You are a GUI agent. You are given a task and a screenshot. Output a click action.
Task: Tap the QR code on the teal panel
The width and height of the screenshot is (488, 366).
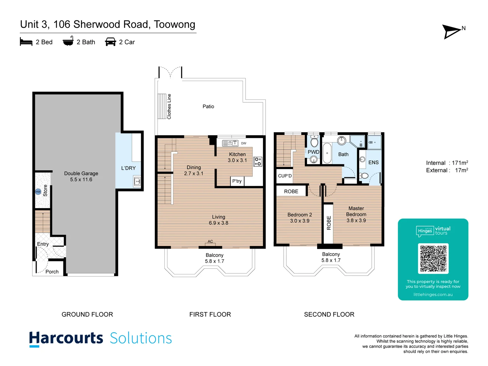coord(433,259)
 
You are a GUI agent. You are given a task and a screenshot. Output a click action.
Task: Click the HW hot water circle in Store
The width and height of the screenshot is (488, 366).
coord(38,192)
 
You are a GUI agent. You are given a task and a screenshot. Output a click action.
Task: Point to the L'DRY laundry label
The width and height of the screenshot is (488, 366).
coord(128,168)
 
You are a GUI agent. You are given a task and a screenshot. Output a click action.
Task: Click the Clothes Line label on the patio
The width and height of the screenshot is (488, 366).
coord(169,106)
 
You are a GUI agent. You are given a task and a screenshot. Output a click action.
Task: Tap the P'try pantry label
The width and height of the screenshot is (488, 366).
coord(237,181)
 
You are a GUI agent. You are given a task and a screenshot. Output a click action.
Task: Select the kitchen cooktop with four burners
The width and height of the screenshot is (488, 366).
coord(258,162)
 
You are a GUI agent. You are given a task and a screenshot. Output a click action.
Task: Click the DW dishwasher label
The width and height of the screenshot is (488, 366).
coord(244,143)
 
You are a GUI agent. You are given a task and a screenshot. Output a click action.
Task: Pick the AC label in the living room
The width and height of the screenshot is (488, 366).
coord(210,242)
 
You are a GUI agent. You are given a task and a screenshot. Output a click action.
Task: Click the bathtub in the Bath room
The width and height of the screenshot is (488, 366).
coord(327,153)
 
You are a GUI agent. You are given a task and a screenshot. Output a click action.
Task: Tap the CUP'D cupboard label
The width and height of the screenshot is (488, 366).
coord(285,176)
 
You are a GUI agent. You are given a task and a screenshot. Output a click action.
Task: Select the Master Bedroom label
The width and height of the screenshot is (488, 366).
coord(356,211)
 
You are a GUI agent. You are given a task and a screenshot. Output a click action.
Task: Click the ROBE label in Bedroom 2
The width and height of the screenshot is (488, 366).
coord(291,191)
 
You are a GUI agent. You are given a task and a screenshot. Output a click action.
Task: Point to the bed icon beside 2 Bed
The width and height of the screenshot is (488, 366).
coord(26,42)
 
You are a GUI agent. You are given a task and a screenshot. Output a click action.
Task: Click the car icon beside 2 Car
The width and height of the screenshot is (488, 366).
coord(110,42)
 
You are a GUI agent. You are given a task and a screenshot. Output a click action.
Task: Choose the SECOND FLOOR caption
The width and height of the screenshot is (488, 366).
coord(329,314)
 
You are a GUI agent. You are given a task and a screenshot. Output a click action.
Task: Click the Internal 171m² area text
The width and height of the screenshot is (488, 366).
coord(447,163)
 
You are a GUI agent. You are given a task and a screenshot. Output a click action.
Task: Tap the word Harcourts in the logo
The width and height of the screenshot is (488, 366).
coord(66,339)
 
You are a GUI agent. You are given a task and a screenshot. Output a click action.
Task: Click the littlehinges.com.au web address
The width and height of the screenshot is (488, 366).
coord(433,294)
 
